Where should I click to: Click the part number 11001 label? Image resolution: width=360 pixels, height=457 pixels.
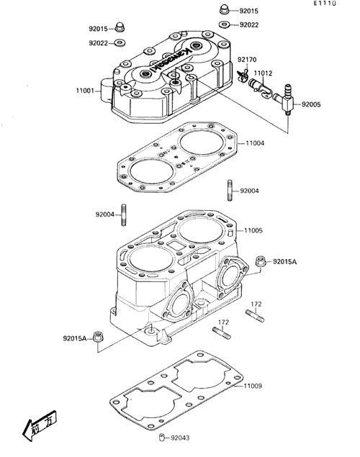click(85, 91)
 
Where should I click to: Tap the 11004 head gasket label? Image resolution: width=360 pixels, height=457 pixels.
click(255, 143)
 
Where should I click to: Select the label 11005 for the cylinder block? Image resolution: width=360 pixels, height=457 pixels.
click(253, 230)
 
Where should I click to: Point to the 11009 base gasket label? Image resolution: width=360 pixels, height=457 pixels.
click(253, 386)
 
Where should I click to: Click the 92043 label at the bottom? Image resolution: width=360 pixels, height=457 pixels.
click(180, 438)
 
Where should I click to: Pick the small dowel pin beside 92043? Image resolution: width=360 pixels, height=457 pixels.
click(162, 438)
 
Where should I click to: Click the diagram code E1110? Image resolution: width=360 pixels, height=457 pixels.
click(325, 3)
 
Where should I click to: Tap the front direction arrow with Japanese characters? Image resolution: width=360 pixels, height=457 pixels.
click(40, 425)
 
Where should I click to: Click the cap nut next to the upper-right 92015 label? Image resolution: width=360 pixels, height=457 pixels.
click(224, 9)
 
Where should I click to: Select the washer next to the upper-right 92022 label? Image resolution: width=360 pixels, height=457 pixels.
click(224, 24)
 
